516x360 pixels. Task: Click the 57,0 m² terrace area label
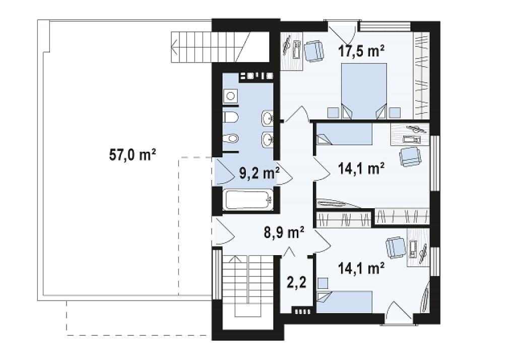pyautogui.click(x=133, y=154)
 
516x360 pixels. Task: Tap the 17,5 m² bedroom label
pyautogui.click(x=361, y=51)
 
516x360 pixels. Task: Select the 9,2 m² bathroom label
pyautogui.click(x=260, y=173)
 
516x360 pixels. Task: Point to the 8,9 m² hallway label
pyautogui.click(x=284, y=232)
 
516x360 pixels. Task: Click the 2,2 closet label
pyautogui.click(x=296, y=282)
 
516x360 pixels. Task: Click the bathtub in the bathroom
pyautogui.click(x=248, y=199)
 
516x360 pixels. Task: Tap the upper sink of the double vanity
pyautogui.click(x=267, y=117)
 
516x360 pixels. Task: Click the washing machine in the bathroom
pyautogui.click(x=230, y=96)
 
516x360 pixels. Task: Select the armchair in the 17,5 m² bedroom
pyautogui.click(x=313, y=51)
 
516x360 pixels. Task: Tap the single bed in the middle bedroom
pyautogui.click(x=344, y=134)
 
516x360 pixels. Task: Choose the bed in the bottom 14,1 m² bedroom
pyautogui.click(x=344, y=302)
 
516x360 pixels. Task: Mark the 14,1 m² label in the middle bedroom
pyautogui.click(x=361, y=168)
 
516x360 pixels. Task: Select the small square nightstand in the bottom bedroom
pyautogui.click(x=323, y=283)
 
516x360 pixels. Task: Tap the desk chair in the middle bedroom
pyautogui.click(x=410, y=156)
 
